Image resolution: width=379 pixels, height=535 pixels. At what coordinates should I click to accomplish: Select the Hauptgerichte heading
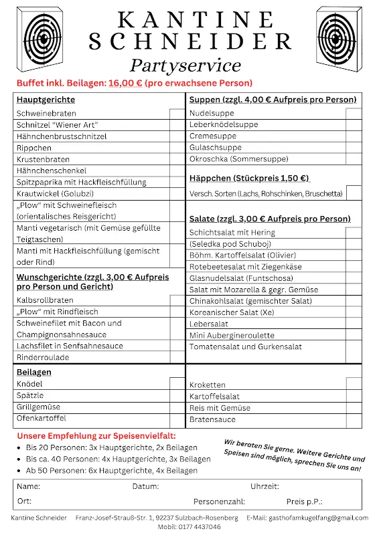pos(46,100)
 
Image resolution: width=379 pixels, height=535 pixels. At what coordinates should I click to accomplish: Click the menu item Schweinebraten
pos(46,114)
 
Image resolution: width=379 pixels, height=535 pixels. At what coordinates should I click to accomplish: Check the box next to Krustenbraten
pos(177,159)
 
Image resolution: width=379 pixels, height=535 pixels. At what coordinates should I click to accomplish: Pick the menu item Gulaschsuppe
pos(215,147)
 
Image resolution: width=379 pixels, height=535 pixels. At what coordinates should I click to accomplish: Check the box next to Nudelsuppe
pos(354,114)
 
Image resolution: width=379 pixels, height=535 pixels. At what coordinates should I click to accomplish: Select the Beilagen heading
pos(34,372)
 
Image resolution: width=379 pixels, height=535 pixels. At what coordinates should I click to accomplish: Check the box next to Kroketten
pos(354,385)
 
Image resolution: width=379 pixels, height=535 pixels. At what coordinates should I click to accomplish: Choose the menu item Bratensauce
pos(212,419)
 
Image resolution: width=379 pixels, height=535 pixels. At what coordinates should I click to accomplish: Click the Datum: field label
pos(145,486)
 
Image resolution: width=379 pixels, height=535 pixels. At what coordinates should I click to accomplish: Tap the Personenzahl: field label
pos(219,501)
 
